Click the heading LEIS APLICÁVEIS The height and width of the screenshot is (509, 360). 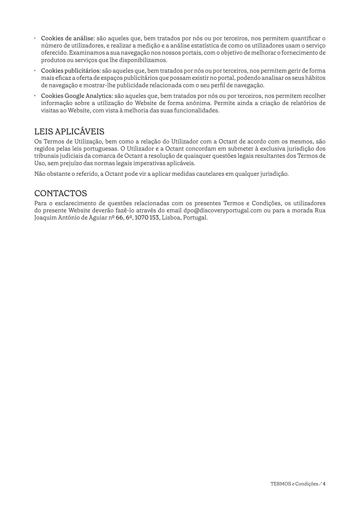69,131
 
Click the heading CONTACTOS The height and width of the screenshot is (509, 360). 60,193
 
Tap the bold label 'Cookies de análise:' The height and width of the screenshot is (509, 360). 68,38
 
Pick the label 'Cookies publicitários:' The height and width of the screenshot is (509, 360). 71,71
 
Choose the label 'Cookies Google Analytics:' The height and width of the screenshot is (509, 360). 77,96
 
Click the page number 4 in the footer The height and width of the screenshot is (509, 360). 324,484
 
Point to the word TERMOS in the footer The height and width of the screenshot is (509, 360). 280,484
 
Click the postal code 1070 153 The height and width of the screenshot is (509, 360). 147,218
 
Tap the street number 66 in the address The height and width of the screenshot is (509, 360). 120,218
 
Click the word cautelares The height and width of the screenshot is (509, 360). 210,174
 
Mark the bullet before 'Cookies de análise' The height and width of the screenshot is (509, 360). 35,38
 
